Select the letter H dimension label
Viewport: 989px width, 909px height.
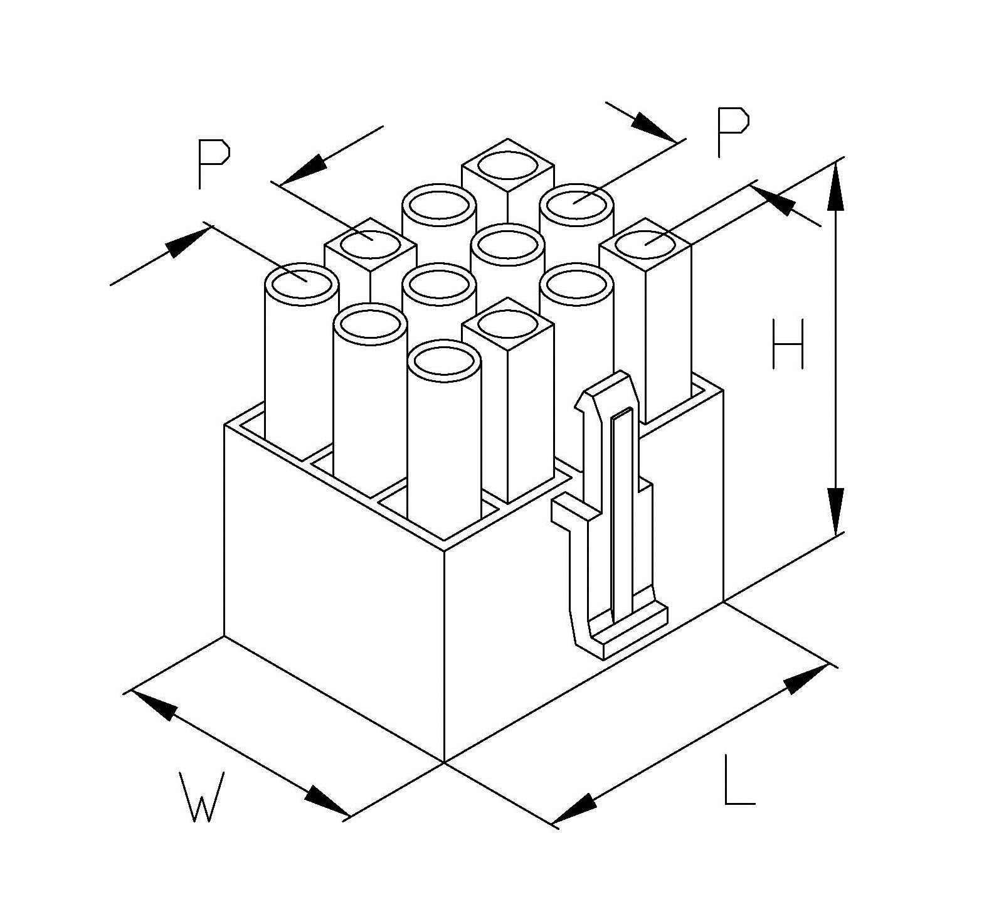click(788, 344)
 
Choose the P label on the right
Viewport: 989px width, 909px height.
click(732, 132)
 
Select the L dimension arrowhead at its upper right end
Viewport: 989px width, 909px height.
click(806, 679)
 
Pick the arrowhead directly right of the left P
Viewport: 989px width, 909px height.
click(304, 169)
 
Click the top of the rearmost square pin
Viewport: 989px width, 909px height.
click(507, 165)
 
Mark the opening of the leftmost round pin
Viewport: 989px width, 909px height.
click(302, 284)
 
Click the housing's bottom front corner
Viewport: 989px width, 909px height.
click(444, 762)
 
